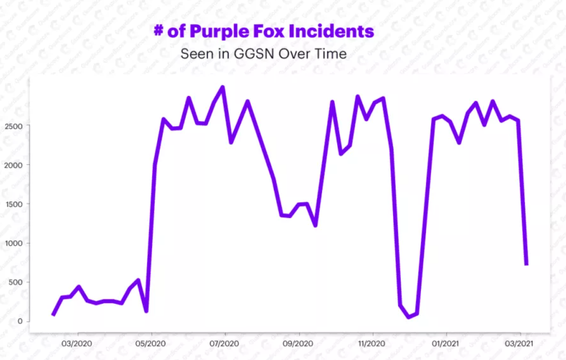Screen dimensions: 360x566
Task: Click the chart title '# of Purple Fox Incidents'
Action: [x=264, y=31]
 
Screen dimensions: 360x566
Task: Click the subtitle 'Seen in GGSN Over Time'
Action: [x=264, y=54]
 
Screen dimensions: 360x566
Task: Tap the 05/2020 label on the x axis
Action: [x=151, y=344]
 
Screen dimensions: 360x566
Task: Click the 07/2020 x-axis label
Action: [x=225, y=344]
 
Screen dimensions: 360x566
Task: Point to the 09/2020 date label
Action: [x=299, y=344]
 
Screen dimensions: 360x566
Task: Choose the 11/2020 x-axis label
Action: [x=373, y=344]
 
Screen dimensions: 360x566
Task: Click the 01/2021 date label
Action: [x=446, y=344]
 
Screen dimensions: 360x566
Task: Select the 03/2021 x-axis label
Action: [x=520, y=344]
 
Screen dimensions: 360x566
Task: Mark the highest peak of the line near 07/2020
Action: [x=223, y=87]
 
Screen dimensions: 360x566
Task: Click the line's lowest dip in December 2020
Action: [x=409, y=317]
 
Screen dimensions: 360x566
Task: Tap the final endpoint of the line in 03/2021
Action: [x=526, y=264]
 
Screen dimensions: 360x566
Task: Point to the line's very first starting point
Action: [x=53, y=314]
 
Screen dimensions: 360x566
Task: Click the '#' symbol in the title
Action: [x=159, y=31]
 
